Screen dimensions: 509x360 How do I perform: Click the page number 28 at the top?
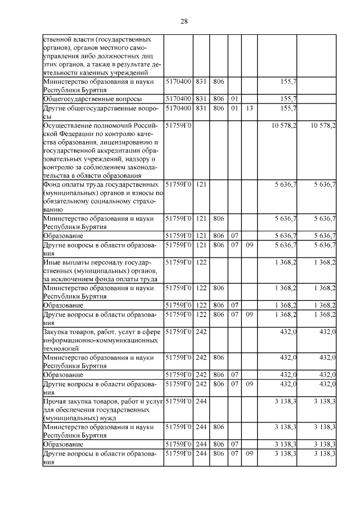[184, 21]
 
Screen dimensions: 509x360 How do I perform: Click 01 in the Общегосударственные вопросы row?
[235, 98]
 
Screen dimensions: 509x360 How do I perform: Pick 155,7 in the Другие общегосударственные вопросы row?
[288, 108]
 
